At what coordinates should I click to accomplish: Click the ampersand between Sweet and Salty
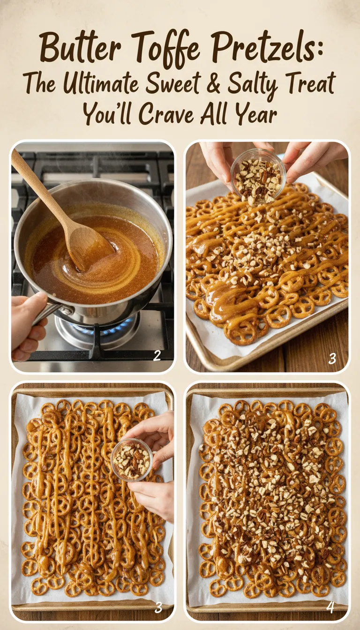210,84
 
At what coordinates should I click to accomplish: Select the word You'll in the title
109,114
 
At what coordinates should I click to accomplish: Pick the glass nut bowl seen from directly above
132,459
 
